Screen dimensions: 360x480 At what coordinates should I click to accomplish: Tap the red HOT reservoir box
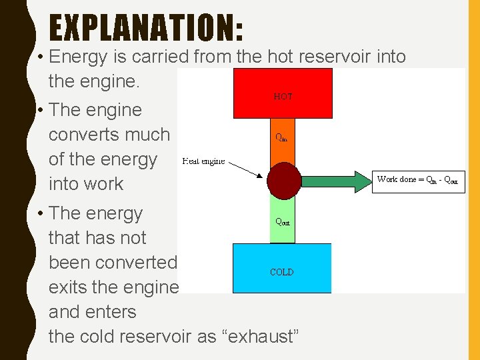coord(283,93)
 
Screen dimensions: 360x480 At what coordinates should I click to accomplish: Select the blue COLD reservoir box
coord(281,268)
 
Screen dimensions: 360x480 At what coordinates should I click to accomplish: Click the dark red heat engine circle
coord(283,179)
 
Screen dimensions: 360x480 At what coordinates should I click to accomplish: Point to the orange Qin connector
coord(282,140)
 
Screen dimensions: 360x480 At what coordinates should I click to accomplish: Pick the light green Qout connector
coord(282,219)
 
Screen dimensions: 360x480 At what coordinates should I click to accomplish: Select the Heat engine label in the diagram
coord(203,161)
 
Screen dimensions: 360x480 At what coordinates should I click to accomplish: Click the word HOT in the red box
coord(283,97)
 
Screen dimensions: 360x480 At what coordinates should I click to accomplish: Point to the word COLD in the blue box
coord(281,272)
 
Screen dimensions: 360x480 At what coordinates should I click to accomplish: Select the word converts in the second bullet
coord(109,135)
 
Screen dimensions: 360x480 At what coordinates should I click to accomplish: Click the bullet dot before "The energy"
coord(41,213)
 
